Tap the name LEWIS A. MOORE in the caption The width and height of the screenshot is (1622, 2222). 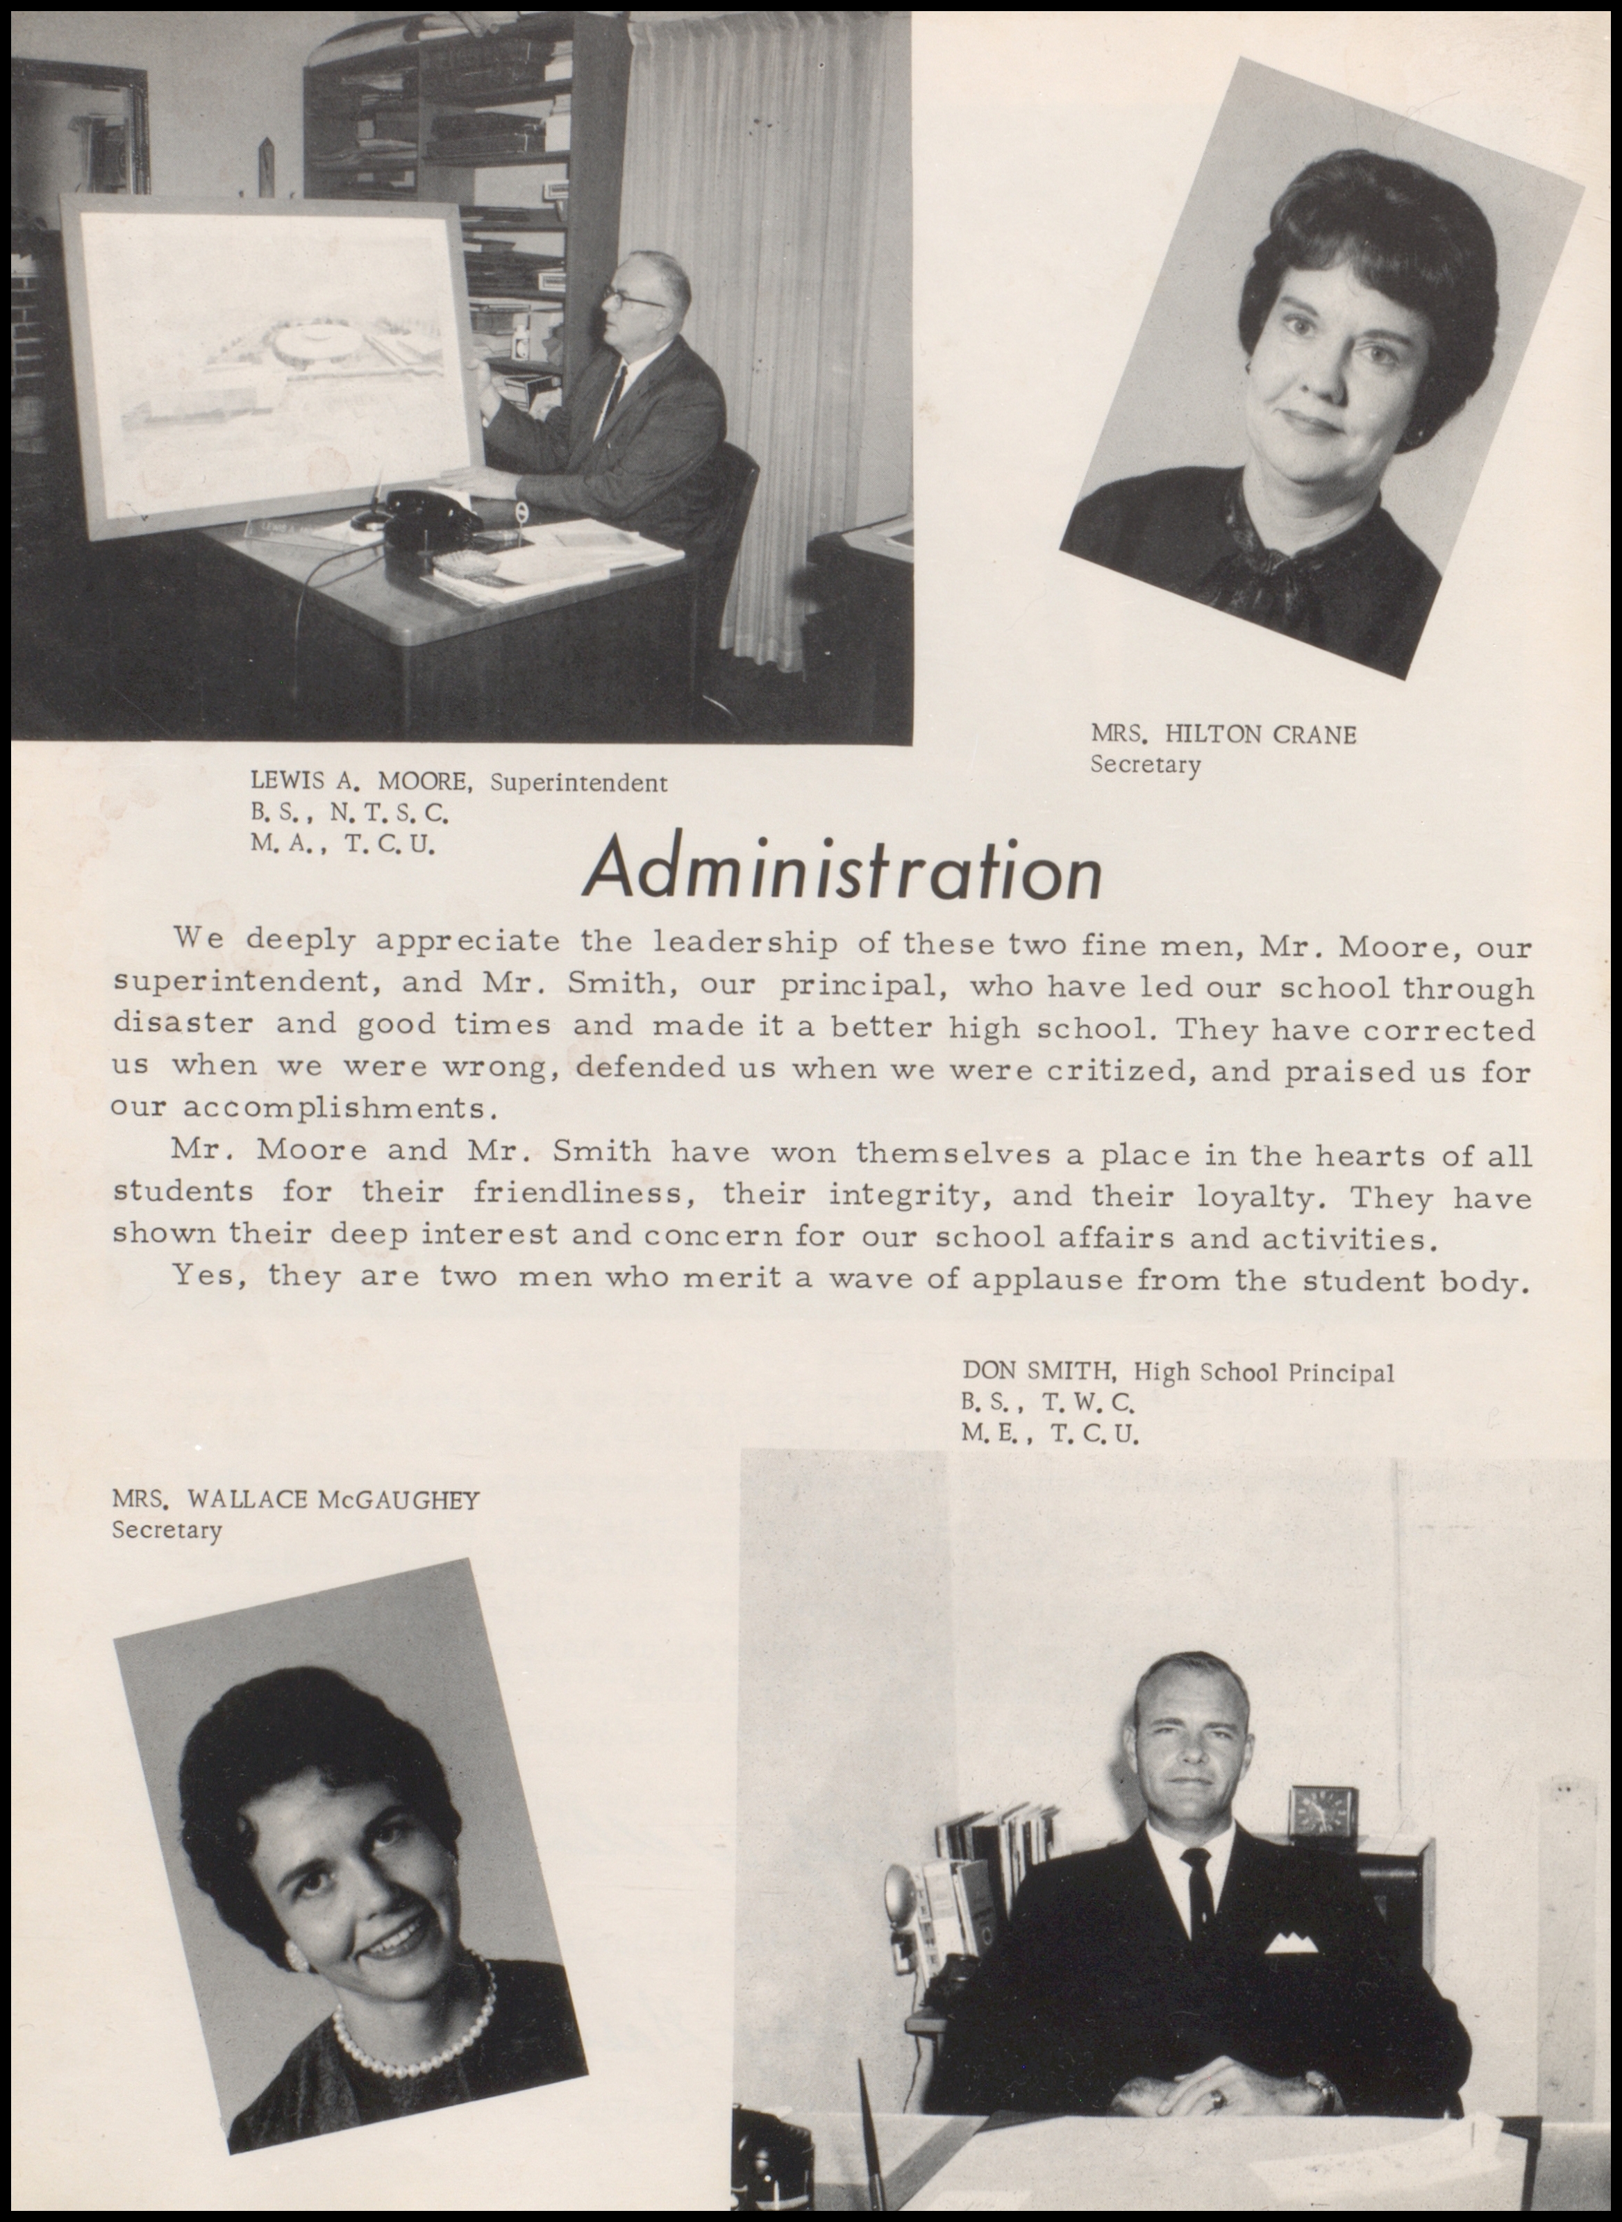tap(363, 783)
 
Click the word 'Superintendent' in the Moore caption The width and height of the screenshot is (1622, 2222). tap(578, 783)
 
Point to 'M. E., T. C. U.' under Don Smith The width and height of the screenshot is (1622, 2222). tap(1051, 1435)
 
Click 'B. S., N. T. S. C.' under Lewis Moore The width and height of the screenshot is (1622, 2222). tap(349, 813)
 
